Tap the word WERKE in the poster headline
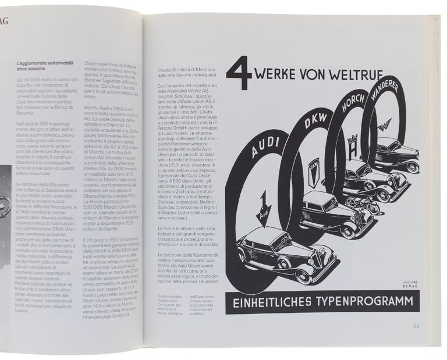pos(286,76)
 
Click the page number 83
pos(416,326)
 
